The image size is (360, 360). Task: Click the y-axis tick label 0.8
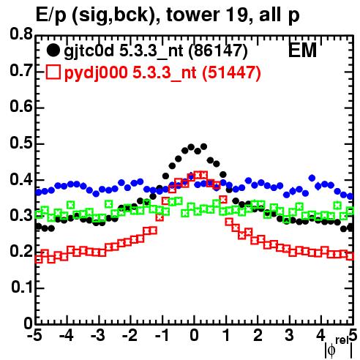click(x=21, y=34)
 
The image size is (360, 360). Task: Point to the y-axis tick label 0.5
click(x=21, y=143)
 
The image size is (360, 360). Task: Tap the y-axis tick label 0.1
click(x=22, y=287)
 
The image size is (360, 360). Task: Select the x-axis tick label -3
click(x=98, y=335)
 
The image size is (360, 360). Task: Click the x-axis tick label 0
click(x=194, y=335)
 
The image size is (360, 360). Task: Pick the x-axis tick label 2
click(x=258, y=335)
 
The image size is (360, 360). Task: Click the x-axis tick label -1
click(x=162, y=335)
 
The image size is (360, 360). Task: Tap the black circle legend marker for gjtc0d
click(x=53, y=50)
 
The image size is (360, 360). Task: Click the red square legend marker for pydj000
click(x=53, y=72)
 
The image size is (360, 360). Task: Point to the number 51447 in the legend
click(x=232, y=72)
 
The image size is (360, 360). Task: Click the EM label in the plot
click(x=302, y=50)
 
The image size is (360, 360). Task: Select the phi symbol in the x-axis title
click(x=331, y=350)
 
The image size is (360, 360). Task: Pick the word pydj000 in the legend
click(x=96, y=73)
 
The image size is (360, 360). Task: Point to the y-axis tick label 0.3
click(x=21, y=215)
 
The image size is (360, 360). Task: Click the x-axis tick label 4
click(x=321, y=335)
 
